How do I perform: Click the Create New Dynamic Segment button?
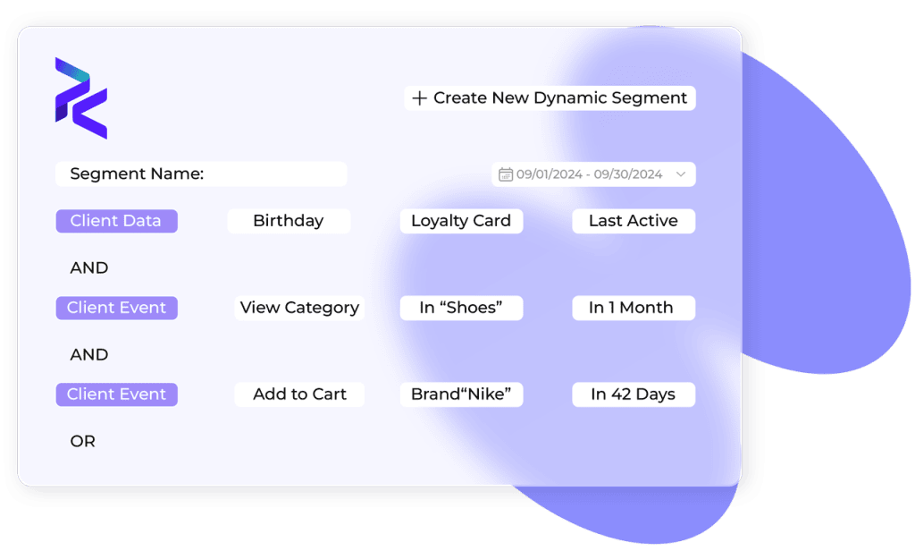point(550,98)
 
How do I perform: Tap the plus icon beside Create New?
point(419,98)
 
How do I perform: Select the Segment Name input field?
point(201,174)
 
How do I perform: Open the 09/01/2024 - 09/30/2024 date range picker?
point(593,174)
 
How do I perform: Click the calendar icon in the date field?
point(506,174)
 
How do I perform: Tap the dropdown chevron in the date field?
point(681,174)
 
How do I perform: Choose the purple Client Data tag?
point(116,221)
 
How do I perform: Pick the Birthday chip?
point(289,221)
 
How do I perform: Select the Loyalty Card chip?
point(461,221)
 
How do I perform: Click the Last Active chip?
point(634,221)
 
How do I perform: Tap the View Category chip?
point(299,308)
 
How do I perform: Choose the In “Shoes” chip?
point(461,308)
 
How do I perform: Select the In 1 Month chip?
point(634,308)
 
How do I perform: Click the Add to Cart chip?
point(299,394)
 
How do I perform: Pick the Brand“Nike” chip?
point(461,394)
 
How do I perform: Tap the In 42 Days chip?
point(634,394)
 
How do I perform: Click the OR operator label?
point(83,442)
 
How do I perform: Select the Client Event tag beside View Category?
point(116,308)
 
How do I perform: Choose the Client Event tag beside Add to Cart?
point(116,394)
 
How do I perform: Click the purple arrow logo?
point(81,98)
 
